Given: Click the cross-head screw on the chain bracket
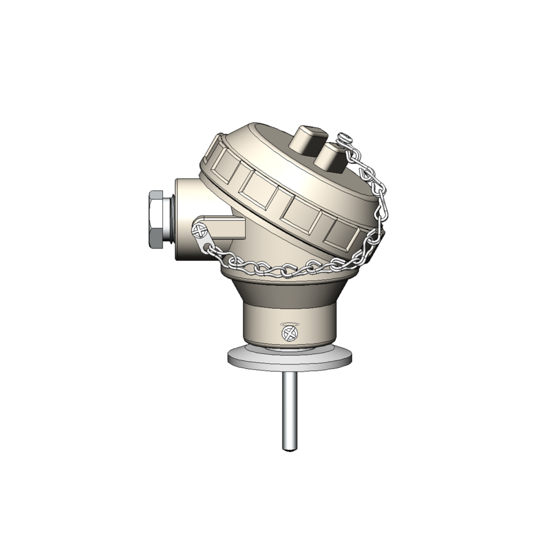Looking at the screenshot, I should point(199,230).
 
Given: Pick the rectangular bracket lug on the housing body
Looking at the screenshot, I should point(227,227).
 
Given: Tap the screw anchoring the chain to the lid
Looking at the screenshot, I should point(346,138).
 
